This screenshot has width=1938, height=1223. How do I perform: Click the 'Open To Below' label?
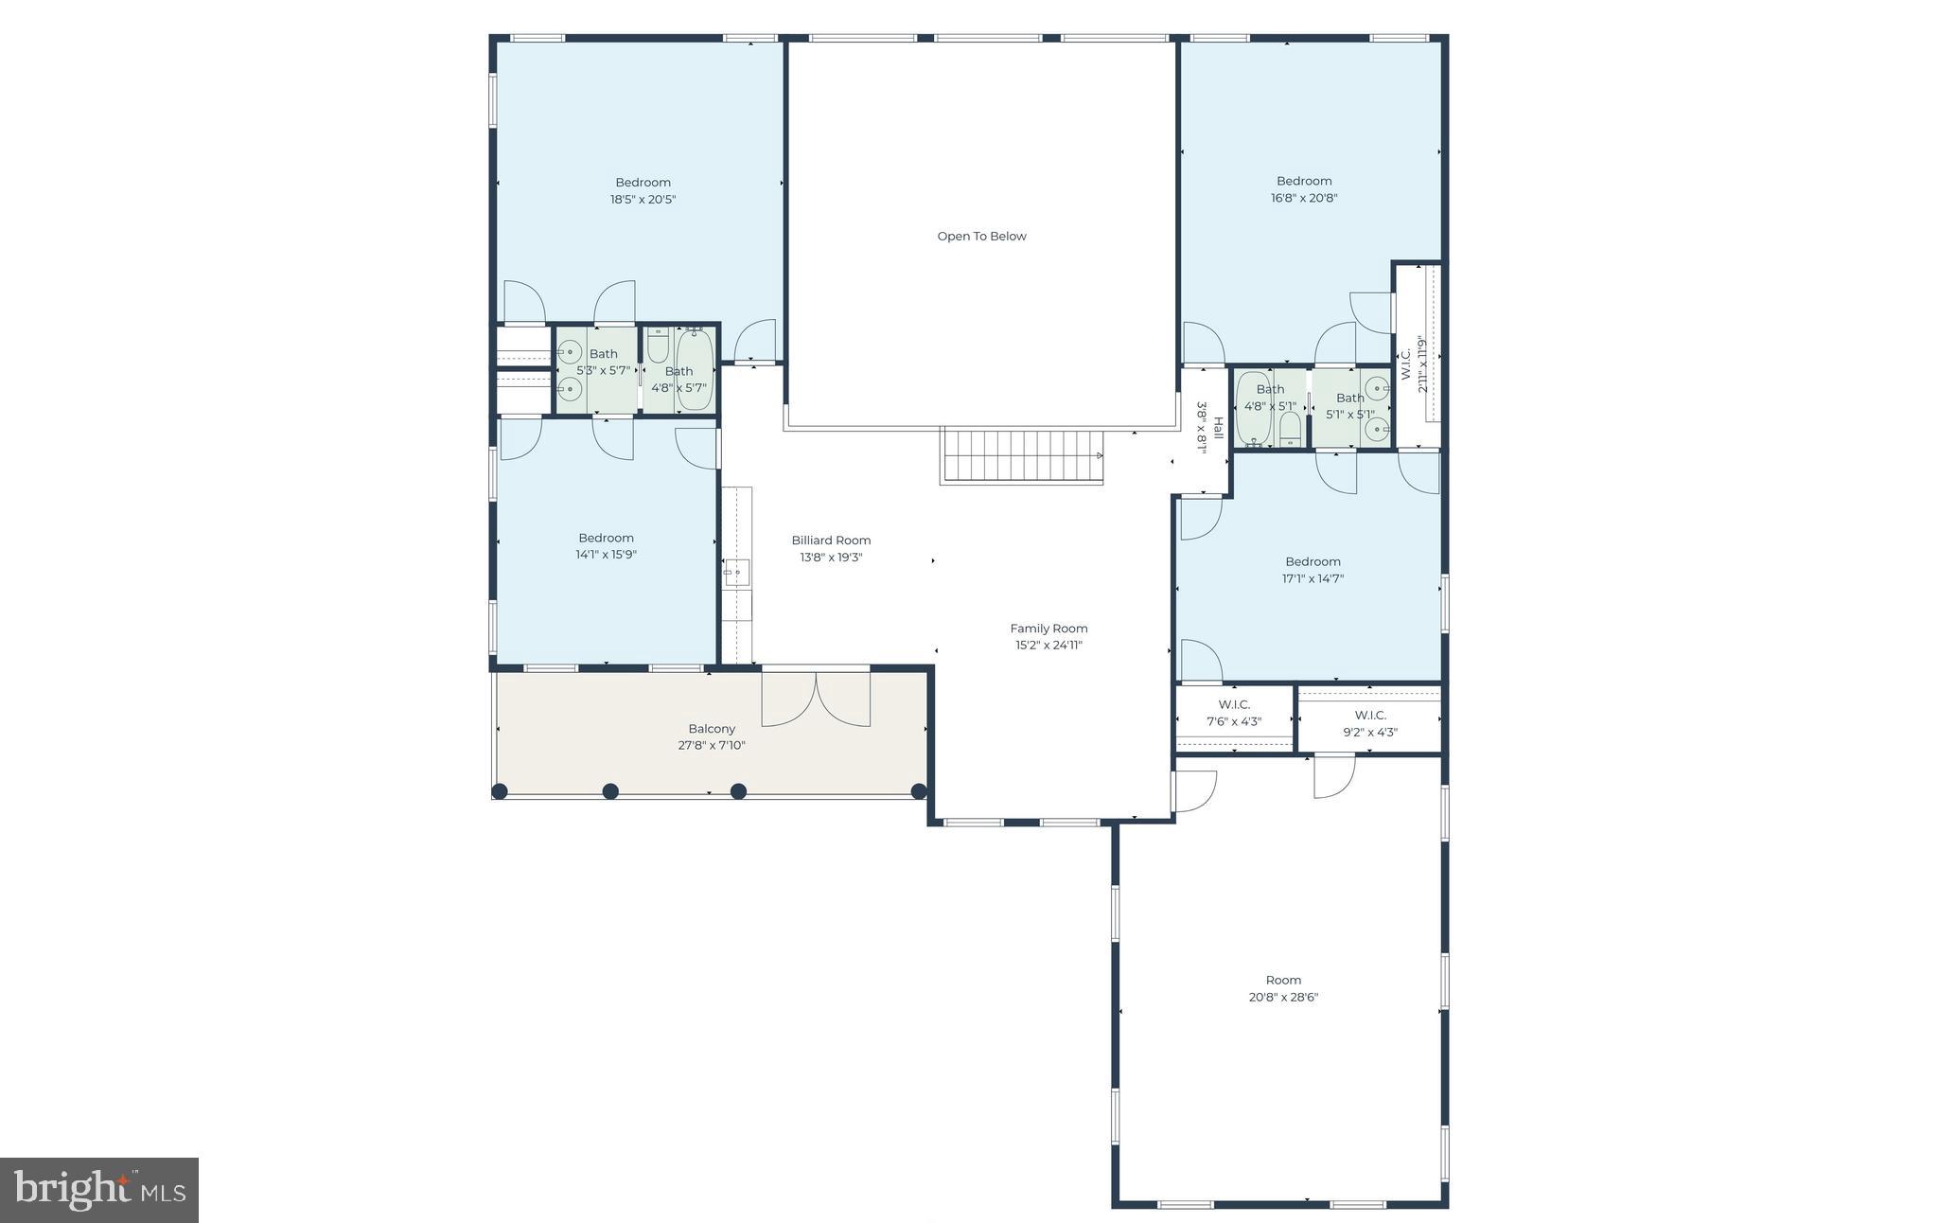[981, 237]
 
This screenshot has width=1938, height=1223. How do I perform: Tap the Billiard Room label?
[831, 541]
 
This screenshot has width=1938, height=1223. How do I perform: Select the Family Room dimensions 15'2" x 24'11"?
[1048, 646]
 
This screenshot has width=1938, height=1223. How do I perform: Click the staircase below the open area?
[1023, 456]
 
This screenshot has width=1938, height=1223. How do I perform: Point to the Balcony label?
[712, 729]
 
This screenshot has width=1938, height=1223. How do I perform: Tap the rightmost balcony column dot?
[918, 791]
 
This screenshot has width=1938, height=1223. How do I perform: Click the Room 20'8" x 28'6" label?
[1283, 988]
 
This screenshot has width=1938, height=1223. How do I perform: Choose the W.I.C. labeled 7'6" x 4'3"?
[1234, 713]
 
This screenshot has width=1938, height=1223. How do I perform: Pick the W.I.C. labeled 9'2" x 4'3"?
[1370, 723]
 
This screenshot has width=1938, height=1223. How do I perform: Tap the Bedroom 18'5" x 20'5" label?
[643, 190]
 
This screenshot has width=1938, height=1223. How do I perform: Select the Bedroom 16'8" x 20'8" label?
[1304, 189]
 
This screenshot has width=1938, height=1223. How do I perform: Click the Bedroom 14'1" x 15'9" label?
[606, 546]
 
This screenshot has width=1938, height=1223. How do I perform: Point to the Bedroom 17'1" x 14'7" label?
[1313, 570]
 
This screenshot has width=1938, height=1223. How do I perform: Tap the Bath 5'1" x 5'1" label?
[1350, 405]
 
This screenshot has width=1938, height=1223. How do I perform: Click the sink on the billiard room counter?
[736, 573]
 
